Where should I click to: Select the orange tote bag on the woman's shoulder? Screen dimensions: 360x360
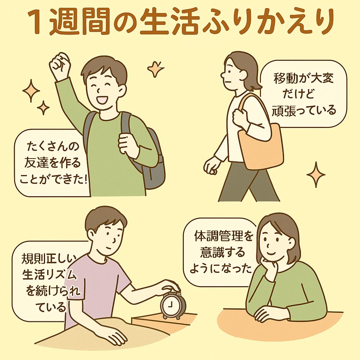pos(260,140)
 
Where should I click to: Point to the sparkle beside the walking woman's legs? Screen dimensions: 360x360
pos(316,174)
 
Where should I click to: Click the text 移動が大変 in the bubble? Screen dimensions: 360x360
pos(303,78)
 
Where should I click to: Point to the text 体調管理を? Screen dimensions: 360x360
pos(224,236)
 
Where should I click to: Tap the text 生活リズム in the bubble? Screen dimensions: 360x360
pos(49,274)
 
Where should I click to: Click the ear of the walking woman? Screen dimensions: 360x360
pos(243,75)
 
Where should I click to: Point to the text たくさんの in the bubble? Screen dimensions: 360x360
pos(53,146)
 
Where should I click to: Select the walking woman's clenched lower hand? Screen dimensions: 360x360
pos(211,166)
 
